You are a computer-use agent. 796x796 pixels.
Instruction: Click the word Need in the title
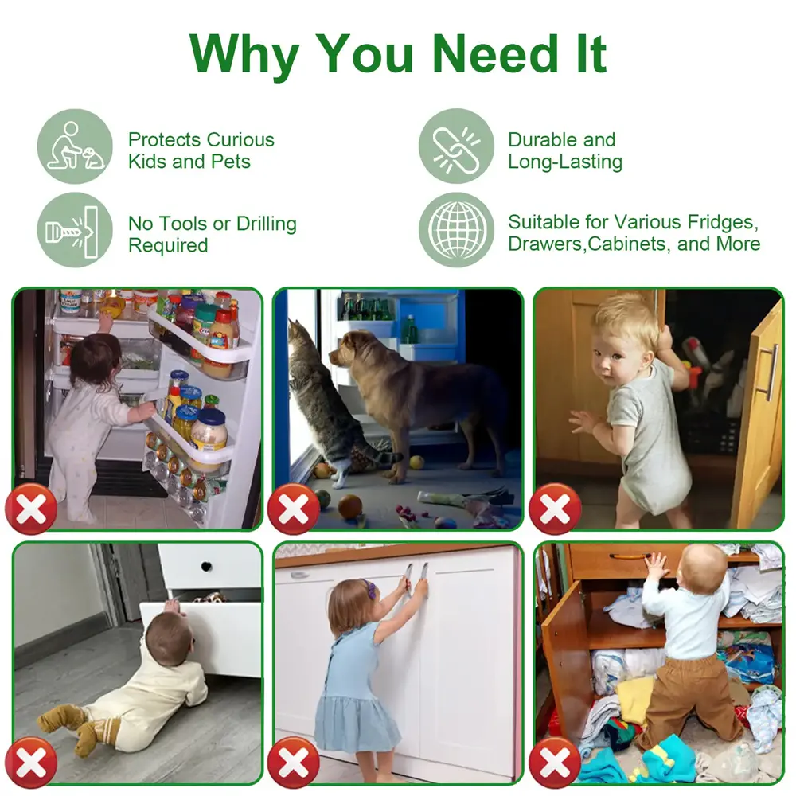pos(495,53)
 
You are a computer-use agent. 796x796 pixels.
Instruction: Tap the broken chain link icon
pos(456,146)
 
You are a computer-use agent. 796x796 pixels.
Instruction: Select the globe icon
pos(456,230)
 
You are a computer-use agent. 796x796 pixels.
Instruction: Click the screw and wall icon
pos(75,230)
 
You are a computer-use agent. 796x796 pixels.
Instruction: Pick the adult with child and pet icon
pos(75,146)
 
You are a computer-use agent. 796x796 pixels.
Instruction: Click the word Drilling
pos(267,224)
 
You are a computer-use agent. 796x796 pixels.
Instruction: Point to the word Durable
pos(540,139)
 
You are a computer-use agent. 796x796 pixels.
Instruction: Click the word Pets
pos(231,162)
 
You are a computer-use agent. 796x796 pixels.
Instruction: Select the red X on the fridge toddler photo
pos(32,508)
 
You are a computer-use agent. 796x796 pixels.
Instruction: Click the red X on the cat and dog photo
pos(294,508)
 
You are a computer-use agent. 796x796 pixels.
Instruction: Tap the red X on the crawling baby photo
pos(32,762)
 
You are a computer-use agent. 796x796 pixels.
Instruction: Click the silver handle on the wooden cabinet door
pos(771,372)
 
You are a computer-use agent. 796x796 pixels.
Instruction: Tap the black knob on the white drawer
pos(206,566)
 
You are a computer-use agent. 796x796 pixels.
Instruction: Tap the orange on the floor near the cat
pos(350,506)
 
